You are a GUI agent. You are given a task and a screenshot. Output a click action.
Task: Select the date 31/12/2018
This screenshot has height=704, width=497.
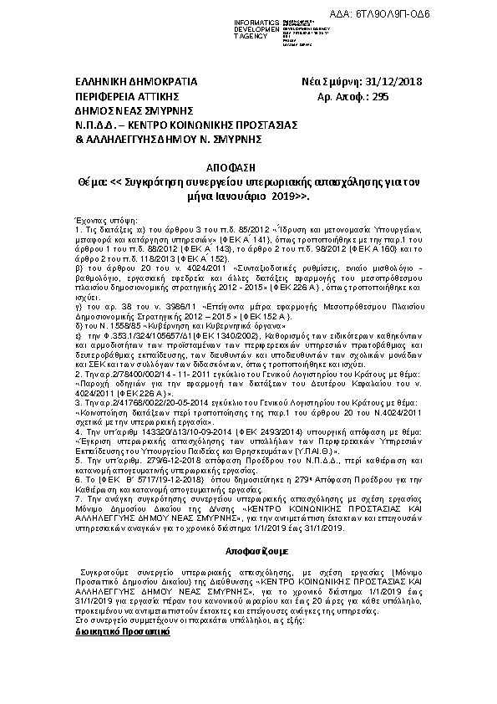395,82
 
